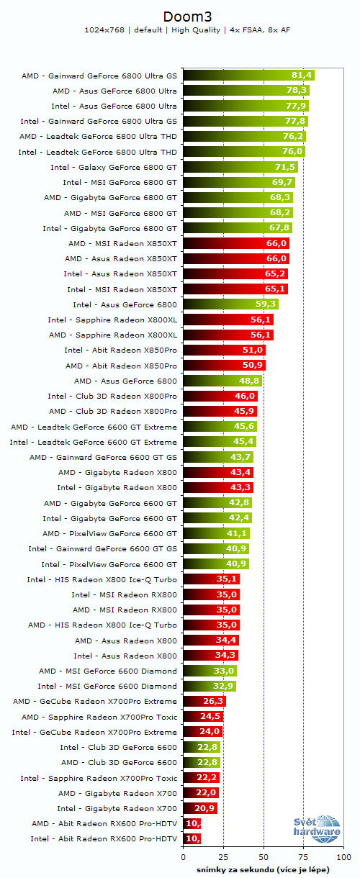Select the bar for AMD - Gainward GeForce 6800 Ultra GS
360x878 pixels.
(248, 75)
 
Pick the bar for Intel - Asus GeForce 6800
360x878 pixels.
(230, 304)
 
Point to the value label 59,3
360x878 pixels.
(266, 304)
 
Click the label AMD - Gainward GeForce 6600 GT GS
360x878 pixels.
(103, 457)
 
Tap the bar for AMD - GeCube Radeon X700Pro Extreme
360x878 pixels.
(204, 702)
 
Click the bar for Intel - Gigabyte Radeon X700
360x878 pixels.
(200, 808)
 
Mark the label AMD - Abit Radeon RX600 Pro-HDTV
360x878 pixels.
(104, 823)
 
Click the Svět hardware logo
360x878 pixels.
(317, 828)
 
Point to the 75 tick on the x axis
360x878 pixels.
(303, 858)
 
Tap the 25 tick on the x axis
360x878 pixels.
(223, 858)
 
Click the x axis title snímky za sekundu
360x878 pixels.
(263, 869)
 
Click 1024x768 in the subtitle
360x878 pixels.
(105, 30)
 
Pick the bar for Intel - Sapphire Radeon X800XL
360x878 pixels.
(228, 320)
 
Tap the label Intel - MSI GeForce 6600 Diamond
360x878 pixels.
(107, 686)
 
